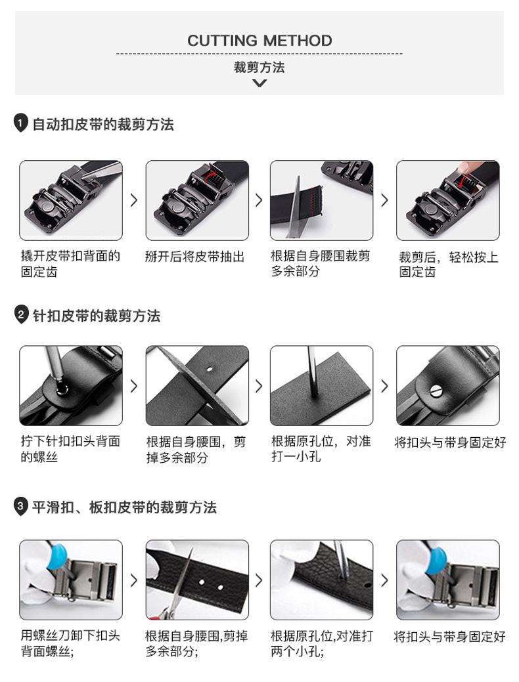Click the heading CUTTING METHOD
tap(259, 41)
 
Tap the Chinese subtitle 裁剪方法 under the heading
tap(259, 68)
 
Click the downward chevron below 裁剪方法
tap(259, 83)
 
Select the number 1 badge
tap(20, 123)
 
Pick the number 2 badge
tap(20, 314)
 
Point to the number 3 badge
tap(20, 506)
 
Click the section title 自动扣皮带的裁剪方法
tap(103, 125)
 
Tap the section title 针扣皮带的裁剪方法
tap(96, 316)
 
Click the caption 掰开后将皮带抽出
tap(194, 257)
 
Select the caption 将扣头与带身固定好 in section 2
tap(450, 442)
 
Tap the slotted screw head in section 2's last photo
tap(436, 391)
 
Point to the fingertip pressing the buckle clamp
tap(469, 167)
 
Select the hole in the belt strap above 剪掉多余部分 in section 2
tap(210, 370)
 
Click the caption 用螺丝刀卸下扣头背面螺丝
tap(70, 644)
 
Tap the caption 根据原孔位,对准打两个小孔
tap(322, 644)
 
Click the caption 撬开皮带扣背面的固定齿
tap(70, 264)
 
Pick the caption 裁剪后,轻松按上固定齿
tap(449, 264)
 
